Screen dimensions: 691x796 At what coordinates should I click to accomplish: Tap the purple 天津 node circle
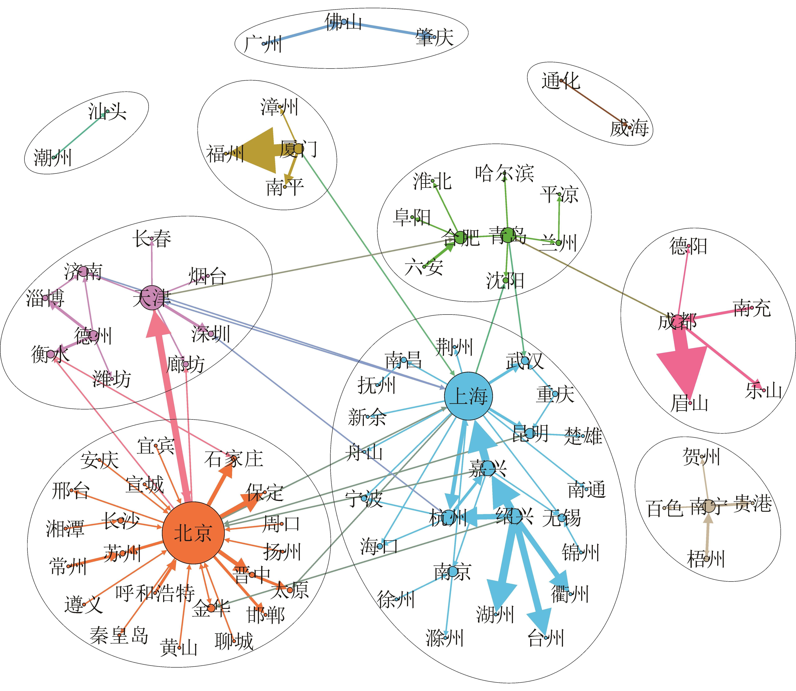[152, 297]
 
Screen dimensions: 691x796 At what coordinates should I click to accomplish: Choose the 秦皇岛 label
[119, 635]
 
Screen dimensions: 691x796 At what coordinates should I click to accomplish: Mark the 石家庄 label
[233, 459]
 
